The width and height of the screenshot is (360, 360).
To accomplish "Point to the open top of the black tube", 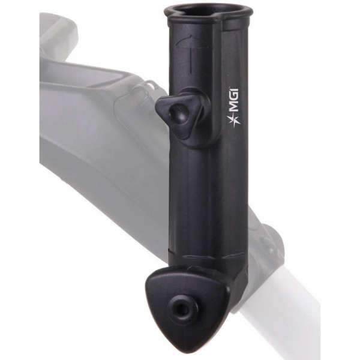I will (x=207, y=11).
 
